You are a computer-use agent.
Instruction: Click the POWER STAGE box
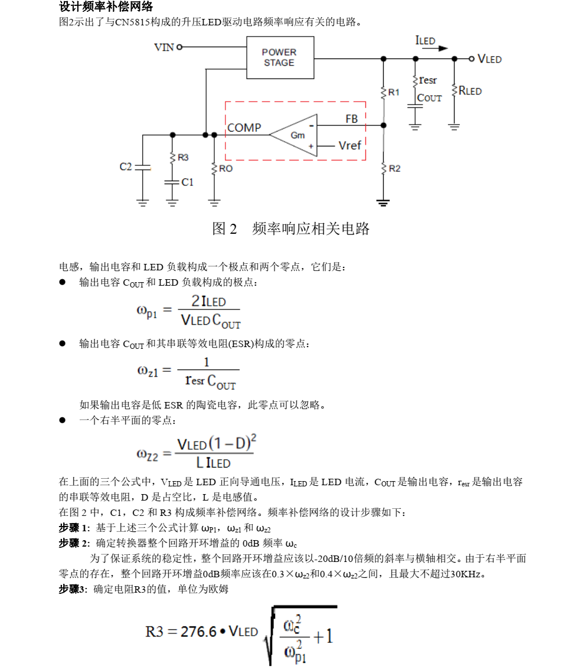point(279,57)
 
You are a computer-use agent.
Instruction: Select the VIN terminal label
point(164,47)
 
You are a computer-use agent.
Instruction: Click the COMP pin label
point(244,128)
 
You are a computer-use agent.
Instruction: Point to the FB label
point(351,119)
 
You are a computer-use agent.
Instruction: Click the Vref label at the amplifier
point(349,145)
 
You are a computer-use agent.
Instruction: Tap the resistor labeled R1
point(384,92)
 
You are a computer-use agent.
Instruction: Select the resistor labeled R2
point(384,168)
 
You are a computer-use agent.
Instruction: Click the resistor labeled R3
point(172,158)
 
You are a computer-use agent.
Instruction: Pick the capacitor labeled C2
point(142,167)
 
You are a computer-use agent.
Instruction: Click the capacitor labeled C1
point(172,182)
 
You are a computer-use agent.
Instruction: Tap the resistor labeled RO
point(214,168)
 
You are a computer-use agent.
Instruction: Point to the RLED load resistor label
point(470,91)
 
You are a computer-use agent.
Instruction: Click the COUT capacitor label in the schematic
point(429,98)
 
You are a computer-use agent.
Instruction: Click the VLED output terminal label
point(489,59)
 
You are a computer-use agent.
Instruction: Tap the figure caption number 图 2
point(224,229)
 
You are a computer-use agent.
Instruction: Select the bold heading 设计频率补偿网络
point(106,7)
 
